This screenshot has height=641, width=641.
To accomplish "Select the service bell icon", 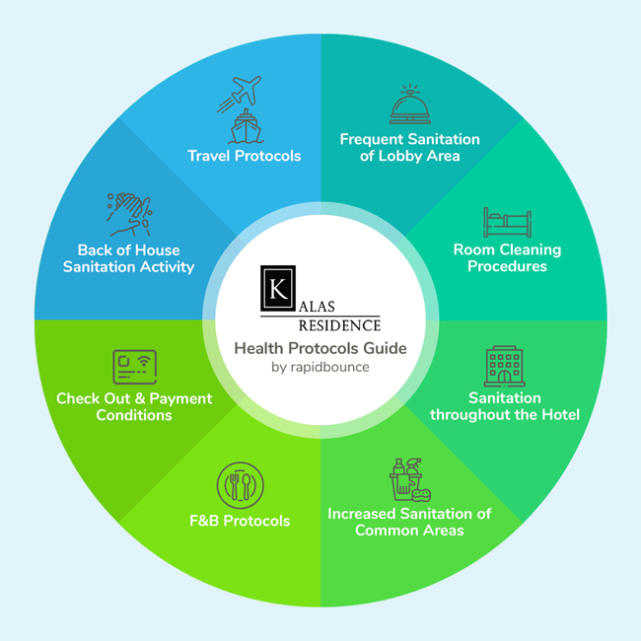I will pos(409,104).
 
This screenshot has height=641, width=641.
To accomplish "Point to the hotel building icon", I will pos(504,366).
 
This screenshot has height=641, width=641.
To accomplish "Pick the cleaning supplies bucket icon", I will pos(403,480).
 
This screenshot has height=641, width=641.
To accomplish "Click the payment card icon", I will pos(133,368).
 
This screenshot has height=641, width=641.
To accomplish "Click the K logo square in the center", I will pos(278,287).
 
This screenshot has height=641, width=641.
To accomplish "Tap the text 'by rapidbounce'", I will pos(320,367).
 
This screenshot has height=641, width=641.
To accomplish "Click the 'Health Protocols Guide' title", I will pos(320,348).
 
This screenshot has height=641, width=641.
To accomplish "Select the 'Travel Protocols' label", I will pos(245,156).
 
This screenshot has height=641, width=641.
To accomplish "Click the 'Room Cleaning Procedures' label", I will pos(507,257).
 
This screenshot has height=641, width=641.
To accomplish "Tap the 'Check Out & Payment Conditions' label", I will pos(134,406).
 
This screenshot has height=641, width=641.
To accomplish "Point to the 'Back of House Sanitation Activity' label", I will pos(128,258).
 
